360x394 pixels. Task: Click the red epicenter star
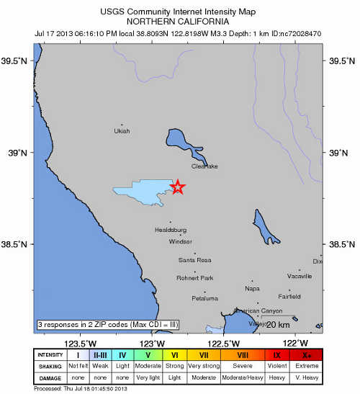point(178,187)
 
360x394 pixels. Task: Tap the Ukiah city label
point(122,131)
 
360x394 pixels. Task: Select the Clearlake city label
point(204,166)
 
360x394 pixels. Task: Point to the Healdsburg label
point(171,230)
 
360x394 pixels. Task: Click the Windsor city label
point(181,242)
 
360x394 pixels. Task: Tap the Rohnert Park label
point(195,278)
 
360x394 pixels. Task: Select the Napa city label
point(252,288)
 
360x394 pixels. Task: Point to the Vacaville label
point(300,276)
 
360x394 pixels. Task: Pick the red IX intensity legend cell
point(277,354)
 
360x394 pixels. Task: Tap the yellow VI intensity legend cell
point(174,354)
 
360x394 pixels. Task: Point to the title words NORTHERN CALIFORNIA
point(180,20)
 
